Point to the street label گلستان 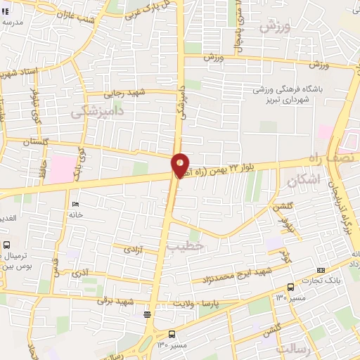click(x=39, y=142)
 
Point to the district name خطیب click(x=186, y=246)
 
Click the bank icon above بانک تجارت click(x=321, y=270)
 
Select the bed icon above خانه click(x=75, y=205)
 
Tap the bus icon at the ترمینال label click(x=6, y=245)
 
